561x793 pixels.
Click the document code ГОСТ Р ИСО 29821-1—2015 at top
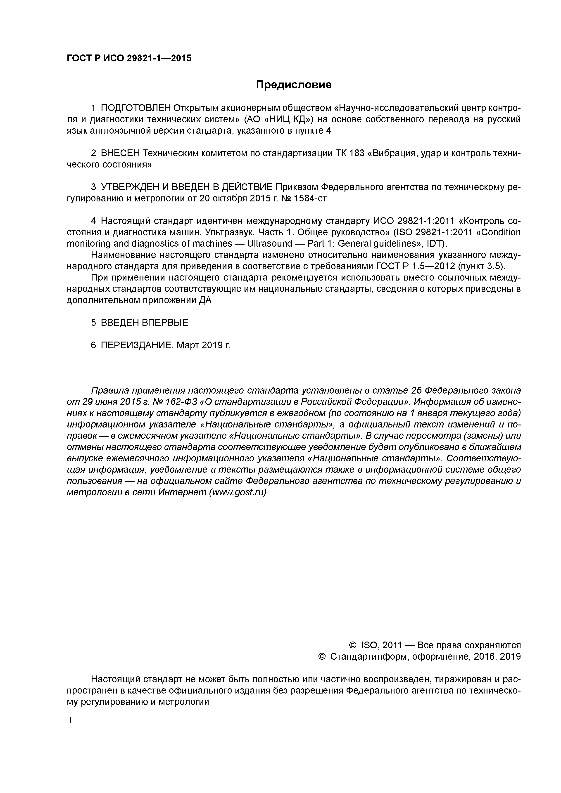point(128,58)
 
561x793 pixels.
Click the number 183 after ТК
point(357,153)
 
